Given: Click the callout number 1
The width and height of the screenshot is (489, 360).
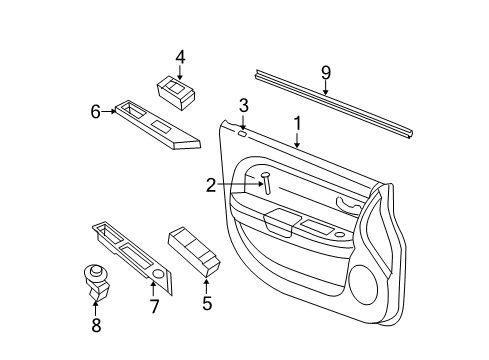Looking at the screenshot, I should [x=297, y=124].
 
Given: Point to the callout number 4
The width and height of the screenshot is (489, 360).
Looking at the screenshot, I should [x=180, y=57].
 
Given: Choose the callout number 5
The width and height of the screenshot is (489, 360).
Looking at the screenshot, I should [x=207, y=303].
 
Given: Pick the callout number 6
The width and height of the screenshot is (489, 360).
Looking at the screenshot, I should [x=96, y=111].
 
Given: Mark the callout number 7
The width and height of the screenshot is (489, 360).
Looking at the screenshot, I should [x=154, y=307].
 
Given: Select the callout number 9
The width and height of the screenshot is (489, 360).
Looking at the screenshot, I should [x=325, y=71].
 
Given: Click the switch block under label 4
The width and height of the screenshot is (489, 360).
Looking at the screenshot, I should [x=177, y=96].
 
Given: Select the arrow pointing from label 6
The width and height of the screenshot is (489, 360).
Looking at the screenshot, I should [x=109, y=111].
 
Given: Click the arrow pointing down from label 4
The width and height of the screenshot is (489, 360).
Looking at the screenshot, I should [x=180, y=73].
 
